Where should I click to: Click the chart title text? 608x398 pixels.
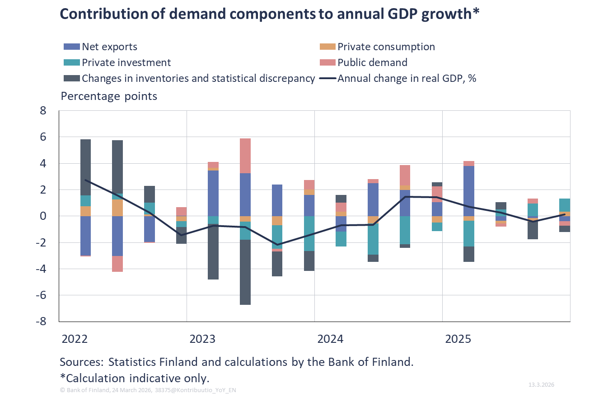pyautogui.click(x=269, y=14)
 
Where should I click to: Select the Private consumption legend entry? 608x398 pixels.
pyautogui.click(x=386, y=47)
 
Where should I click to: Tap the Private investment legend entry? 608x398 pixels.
pyautogui.click(x=126, y=62)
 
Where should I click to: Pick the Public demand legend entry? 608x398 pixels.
pyautogui.click(x=372, y=62)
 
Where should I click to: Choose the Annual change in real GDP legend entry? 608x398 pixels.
pyautogui.click(x=407, y=78)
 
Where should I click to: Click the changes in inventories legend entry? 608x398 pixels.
pyautogui.click(x=198, y=78)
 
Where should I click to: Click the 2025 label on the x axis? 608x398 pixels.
pyautogui.click(x=458, y=339)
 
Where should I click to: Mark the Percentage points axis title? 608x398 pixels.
pyautogui.click(x=109, y=96)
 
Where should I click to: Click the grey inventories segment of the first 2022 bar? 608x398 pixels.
pyautogui.click(x=85, y=167)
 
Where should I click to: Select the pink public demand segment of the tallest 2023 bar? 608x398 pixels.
pyautogui.click(x=245, y=156)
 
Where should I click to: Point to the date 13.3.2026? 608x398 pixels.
pyautogui.click(x=541, y=384)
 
